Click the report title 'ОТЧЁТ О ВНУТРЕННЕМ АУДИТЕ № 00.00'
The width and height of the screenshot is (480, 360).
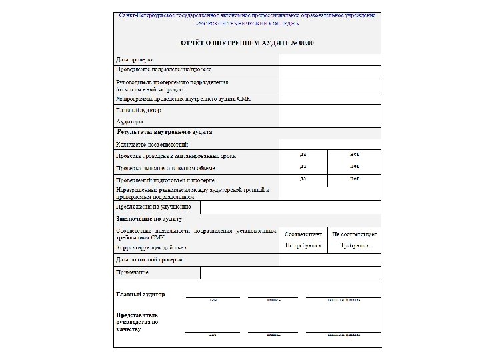click(x=247, y=43)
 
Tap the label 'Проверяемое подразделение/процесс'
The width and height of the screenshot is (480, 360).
click(x=164, y=69)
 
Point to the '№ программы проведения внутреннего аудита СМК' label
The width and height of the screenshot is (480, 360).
click(x=183, y=99)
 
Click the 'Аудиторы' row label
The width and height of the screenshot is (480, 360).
click(x=129, y=122)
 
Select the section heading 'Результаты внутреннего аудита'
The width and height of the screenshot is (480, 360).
click(x=165, y=133)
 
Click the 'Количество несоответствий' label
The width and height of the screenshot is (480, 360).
click(x=152, y=144)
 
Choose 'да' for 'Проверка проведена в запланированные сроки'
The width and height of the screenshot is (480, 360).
click(x=303, y=154)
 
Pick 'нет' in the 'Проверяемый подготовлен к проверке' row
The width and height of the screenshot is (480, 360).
click(x=354, y=179)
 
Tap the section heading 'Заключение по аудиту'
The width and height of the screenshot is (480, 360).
click(x=149, y=219)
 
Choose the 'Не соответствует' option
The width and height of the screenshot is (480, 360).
click(x=354, y=235)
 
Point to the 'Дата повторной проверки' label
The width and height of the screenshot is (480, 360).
click(x=149, y=259)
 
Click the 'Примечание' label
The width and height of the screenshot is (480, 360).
click(x=132, y=272)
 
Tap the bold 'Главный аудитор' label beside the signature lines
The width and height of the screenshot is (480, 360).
click(x=141, y=294)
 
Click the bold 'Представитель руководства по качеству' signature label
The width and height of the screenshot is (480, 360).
click(x=137, y=322)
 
